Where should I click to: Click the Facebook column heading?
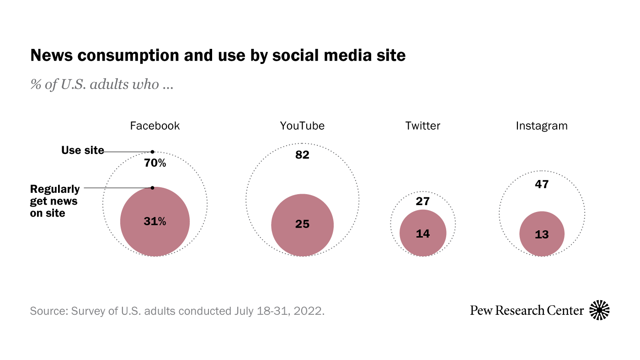tap(155, 126)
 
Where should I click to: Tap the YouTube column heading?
tap(302, 126)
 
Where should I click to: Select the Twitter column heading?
tap(423, 126)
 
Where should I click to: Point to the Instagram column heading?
tap(542, 126)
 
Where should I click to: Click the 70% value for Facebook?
tap(155, 163)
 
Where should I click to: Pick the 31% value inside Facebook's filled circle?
tap(155, 222)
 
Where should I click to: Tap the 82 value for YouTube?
tap(302, 155)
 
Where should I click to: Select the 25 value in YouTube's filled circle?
tap(302, 224)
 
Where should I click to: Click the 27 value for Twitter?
tap(423, 201)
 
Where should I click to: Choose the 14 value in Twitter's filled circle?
tap(423, 233)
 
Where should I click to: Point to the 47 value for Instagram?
tap(542, 185)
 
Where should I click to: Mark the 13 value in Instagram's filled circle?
tap(542, 235)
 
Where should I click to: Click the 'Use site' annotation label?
tap(83, 150)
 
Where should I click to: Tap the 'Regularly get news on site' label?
tap(54, 201)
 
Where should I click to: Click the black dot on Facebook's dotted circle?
tap(153, 152)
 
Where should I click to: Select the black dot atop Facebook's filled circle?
tap(153, 188)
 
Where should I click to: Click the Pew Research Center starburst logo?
tap(599, 310)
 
